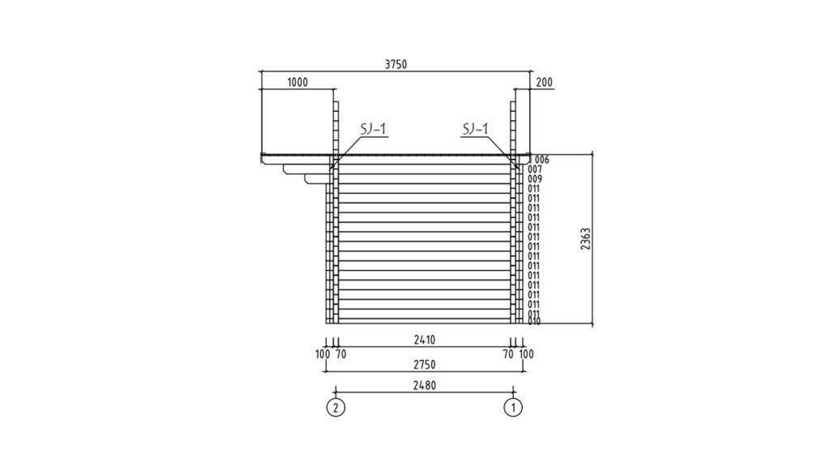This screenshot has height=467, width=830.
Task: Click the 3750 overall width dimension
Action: click(x=396, y=65)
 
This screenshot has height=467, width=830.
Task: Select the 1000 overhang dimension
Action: click(x=297, y=83)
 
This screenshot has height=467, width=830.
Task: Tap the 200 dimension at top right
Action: click(x=544, y=82)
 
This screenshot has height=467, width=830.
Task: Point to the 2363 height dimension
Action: click(x=585, y=239)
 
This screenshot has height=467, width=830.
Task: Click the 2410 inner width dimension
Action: click(x=425, y=340)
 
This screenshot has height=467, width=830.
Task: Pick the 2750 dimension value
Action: click(x=425, y=365)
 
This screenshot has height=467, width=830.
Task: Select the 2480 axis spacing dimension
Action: click(x=425, y=385)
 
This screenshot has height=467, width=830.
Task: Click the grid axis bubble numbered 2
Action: click(x=336, y=408)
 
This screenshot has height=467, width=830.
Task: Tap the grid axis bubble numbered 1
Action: click(x=513, y=408)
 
